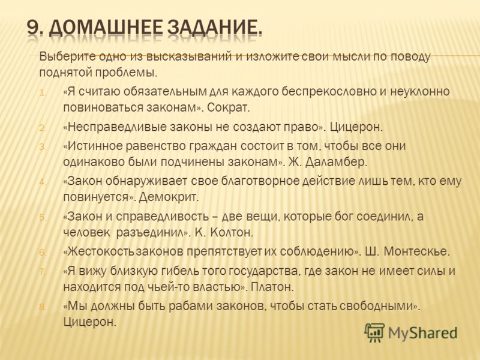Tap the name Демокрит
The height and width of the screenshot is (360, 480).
point(169,197)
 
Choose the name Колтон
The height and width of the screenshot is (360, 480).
point(232,233)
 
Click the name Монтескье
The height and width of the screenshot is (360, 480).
point(416,251)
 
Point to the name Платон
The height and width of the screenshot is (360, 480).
point(272,287)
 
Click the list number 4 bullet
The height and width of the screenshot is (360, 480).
point(42,182)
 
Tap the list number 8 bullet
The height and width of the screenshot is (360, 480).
point(42,307)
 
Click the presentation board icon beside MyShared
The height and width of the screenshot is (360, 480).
point(374,332)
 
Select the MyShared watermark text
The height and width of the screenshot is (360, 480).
point(422,333)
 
